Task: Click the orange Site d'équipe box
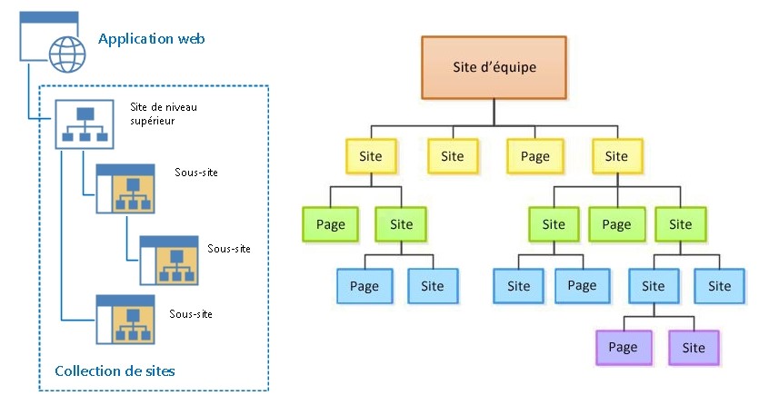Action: (494, 68)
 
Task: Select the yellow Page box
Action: (534, 156)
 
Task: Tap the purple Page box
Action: (624, 348)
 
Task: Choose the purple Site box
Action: (694, 348)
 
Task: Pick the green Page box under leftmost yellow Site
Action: (330, 224)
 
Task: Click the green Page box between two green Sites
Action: (616, 224)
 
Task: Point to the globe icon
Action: (67, 54)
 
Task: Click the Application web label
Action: (152, 39)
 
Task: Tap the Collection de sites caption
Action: (115, 371)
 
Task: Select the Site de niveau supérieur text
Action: (164, 114)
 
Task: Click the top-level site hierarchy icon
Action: (85, 124)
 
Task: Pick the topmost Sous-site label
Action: (196, 173)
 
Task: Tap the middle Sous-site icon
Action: (169, 261)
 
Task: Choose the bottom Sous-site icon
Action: (125, 320)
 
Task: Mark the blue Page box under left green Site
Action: (365, 286)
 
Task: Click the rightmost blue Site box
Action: (719, 286)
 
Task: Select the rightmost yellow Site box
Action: (617, 156)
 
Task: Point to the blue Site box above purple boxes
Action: (654, 286)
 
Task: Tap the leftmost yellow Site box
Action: (371, 156)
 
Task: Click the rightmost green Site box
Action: (681, 224)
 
